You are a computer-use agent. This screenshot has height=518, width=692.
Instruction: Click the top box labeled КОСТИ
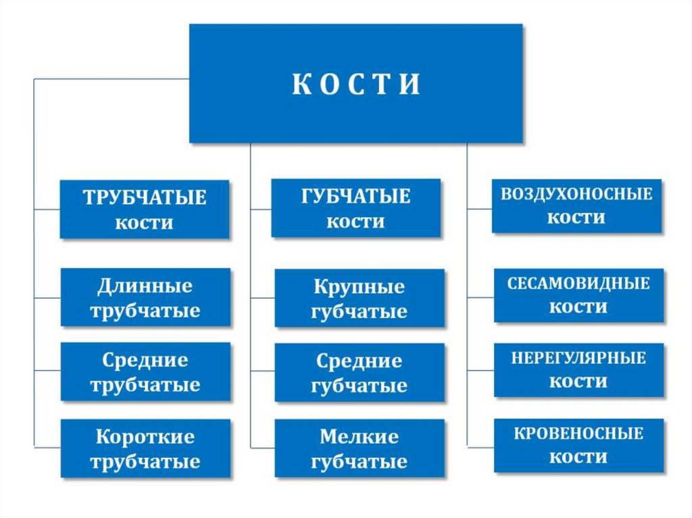point(355,84)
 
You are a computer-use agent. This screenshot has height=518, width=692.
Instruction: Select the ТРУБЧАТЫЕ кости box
point(145,209)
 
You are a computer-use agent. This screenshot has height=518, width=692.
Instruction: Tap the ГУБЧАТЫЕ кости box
point(355,208)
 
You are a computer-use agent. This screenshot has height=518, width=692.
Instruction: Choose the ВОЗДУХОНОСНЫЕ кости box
point(576,206)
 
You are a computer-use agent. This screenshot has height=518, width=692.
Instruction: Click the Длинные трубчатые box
point(145,298)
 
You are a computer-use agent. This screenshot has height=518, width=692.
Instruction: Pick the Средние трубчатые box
point(145,372)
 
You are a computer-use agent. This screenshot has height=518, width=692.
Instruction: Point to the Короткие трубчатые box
point(145,448)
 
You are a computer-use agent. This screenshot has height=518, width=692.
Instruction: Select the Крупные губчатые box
point(360,299)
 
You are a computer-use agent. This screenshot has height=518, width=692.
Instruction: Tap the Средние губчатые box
point(360,373)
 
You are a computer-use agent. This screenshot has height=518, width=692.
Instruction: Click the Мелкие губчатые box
point(360,448)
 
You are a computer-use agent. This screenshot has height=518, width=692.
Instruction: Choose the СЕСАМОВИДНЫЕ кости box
point(578,295)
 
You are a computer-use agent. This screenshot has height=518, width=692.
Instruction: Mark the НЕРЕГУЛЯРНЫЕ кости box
point(578,369)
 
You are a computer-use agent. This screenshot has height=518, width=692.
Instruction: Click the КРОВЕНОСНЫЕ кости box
point(578,445)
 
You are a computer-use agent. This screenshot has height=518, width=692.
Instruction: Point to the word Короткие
point(145,436)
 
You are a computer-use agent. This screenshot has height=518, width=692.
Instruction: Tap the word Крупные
point(360,287)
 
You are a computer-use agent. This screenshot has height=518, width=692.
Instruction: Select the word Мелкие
point(360,437)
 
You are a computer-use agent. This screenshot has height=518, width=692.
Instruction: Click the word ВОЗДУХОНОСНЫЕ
point(576,195)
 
